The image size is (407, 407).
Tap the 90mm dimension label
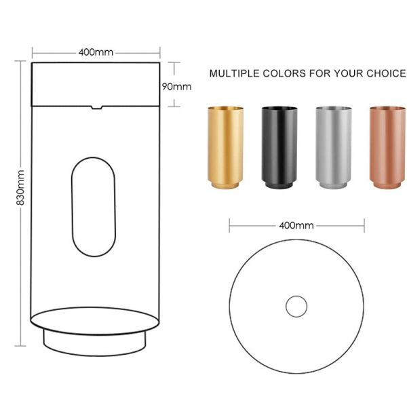click(x=178, y=86)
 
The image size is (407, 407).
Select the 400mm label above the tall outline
click(x=96, y=52)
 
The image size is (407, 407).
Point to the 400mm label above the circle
click(x=296, y=225)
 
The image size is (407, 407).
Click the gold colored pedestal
click(x=225, y=146)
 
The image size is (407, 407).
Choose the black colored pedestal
click(x=279, y=146)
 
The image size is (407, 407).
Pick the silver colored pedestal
click(x=333, y=146)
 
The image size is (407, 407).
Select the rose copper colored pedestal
click(x=387, y=146)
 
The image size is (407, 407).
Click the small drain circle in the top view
click(x=296, y=307)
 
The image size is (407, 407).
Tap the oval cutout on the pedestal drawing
click(x=95, y=207)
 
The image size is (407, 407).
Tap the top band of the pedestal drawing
click(x=96, y=83)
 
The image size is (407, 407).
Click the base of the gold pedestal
click(x=225, y=184)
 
